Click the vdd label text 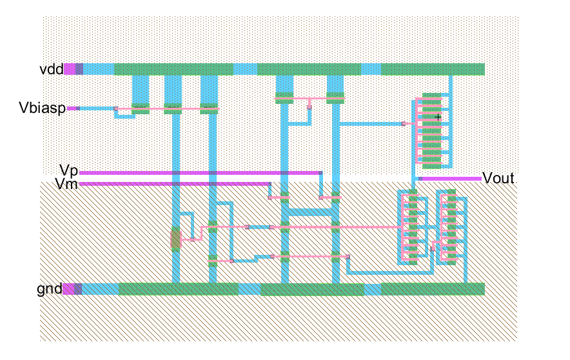pos(51,69)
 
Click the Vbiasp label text pos(42,108)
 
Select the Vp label pos(69,170)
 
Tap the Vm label pos(66,184)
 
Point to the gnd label pos(50,289)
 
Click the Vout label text pos(498,178)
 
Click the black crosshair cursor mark pos(438,117)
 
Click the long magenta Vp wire pos(201,173)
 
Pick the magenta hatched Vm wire pos(175,184)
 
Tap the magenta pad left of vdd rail pos(70,69)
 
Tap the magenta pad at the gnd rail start pos(69,289)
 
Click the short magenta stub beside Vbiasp pos(73,108)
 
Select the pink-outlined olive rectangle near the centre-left pos(176,239)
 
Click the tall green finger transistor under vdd pos(432,131)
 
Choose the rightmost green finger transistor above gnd pos(451,227)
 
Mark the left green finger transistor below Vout pos(413,227)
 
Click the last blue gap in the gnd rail pos(372,289)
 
